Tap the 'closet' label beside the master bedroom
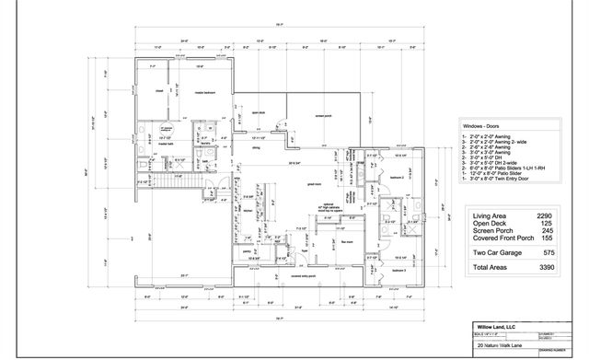tap(158, 91)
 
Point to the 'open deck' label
tap(258, 113)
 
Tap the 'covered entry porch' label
tap(304, 275)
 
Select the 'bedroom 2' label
tap(397, 178)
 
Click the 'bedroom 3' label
tap(398, 271)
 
